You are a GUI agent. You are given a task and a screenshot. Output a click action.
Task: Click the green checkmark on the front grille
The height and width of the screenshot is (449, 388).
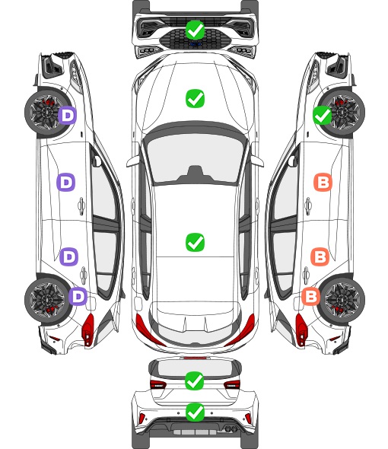point(195,30)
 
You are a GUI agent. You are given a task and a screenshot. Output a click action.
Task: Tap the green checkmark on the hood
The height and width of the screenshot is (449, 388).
point(195,98)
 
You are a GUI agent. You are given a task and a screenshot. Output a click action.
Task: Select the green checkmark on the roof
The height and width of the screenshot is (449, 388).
point(195,242)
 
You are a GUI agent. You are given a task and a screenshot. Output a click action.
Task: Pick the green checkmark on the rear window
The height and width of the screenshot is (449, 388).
point(195,381)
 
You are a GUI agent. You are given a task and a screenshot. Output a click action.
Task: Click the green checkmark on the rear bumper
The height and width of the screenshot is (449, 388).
point(195,412)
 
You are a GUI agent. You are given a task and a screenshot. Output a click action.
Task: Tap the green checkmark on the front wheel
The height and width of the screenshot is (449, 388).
point(322,115)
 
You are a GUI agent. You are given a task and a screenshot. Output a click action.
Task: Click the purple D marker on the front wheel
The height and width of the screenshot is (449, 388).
point(68,115)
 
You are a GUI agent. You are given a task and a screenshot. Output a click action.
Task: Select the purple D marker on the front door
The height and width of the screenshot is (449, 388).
point(66,182)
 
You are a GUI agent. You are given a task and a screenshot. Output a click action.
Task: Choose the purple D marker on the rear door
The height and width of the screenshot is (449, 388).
point(68,256)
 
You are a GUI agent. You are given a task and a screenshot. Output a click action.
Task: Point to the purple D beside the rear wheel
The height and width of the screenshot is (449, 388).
point(78,296)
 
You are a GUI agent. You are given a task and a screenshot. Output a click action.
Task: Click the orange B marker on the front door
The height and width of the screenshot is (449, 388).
point(323,182)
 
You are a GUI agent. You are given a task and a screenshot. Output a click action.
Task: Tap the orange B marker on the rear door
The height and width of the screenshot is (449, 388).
point(320,256)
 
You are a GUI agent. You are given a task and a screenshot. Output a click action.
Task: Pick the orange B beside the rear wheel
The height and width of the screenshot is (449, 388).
point(311,296)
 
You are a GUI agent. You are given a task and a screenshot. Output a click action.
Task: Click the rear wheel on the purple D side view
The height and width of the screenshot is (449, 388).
point(47,300)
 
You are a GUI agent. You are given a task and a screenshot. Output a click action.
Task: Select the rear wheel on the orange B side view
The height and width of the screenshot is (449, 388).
point(342,300)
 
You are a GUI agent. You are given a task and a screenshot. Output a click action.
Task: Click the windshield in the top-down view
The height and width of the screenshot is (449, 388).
point(195,158)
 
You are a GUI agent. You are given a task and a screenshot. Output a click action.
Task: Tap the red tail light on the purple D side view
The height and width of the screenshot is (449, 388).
point(88,330)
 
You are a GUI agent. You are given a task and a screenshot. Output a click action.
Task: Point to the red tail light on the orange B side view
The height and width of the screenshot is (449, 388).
point(301,330)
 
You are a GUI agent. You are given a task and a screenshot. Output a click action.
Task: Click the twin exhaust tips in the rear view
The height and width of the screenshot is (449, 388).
point(230,428)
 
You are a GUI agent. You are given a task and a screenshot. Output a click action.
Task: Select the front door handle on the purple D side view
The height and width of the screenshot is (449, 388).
point(81,205)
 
